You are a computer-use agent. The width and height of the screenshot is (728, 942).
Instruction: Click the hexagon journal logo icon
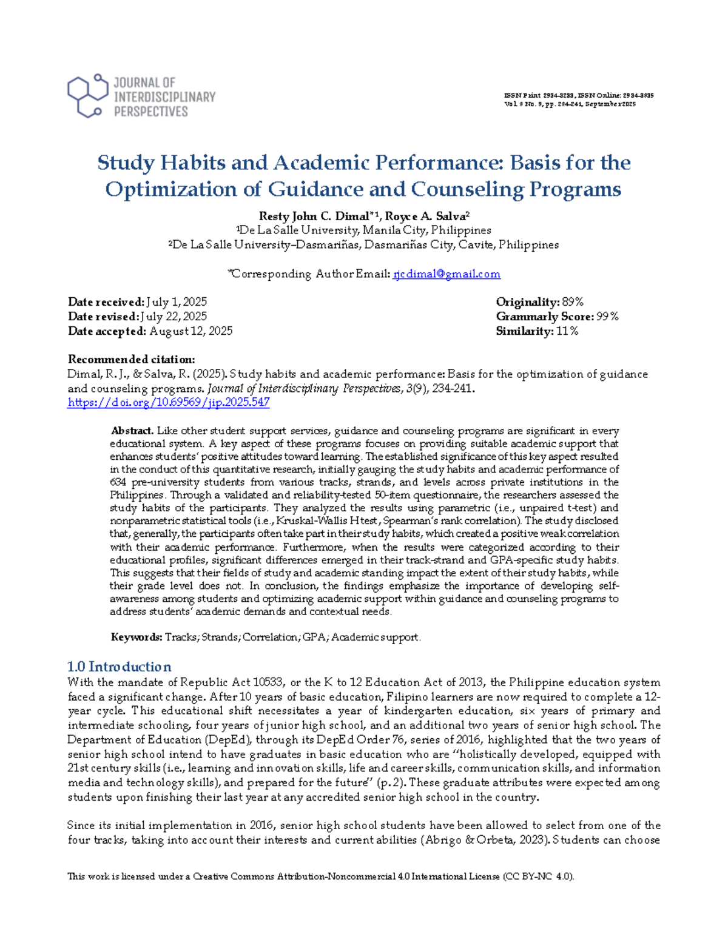(87, 95)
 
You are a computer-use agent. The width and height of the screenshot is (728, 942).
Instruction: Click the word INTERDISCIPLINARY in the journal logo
(164, 97)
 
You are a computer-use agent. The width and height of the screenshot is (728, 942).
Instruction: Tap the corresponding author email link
(447, 274)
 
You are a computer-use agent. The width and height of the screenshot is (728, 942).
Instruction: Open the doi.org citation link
(169, 402)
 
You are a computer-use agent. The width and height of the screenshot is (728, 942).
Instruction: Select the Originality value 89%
(573, 302)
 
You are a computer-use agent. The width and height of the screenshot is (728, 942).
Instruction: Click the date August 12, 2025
(190, 331)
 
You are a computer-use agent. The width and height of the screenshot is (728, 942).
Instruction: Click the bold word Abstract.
(132, 431)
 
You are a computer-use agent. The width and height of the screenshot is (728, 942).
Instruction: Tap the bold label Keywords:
(136, 637)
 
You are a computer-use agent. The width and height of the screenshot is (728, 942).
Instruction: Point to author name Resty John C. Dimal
(314, 216)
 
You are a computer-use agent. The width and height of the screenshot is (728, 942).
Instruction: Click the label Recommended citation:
(131, 359)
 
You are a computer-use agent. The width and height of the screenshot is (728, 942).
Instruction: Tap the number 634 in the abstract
(118, 482)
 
